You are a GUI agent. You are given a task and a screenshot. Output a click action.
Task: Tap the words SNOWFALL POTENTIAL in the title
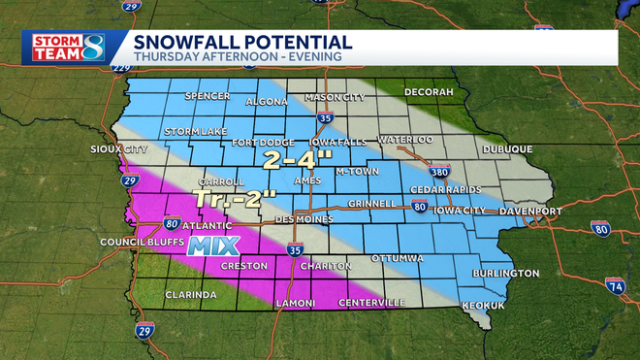coord(242,42)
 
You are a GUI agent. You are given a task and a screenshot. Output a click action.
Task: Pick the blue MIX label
coord(213,245)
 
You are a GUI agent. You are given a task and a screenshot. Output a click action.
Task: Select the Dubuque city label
coord(506,148)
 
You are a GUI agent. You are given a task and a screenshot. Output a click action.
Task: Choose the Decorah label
coord(430,92)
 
